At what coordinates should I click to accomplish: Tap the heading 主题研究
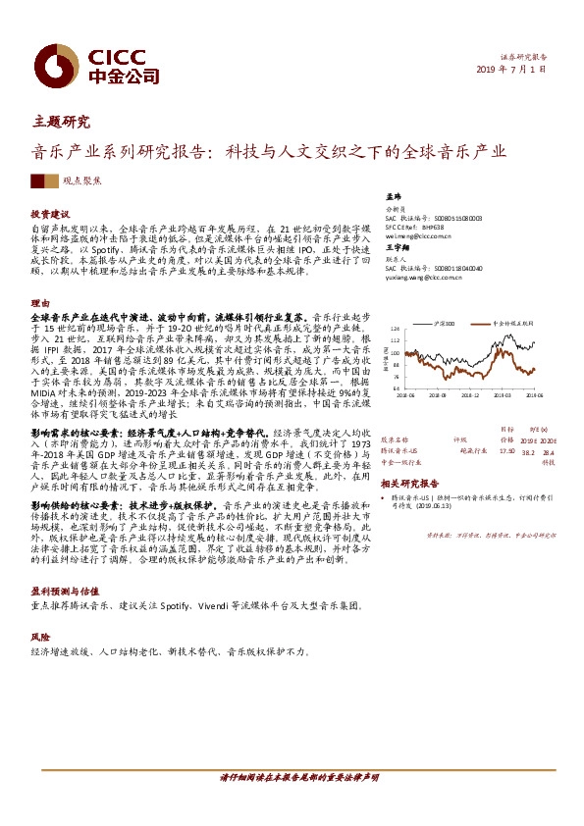coord(61,123)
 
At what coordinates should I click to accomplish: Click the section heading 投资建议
coord(50,214)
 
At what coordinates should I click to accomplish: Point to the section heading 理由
coord(40,302)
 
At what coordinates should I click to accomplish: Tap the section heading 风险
coord(40,636)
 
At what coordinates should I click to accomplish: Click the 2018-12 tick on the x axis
coord(467,395)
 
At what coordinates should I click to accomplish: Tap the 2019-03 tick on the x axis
coord(500,395)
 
